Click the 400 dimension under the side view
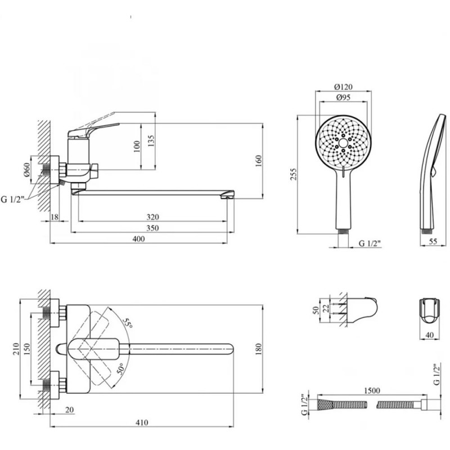coord(138,239)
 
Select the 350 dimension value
coord(148,228)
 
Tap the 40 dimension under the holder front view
coord(429,335)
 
